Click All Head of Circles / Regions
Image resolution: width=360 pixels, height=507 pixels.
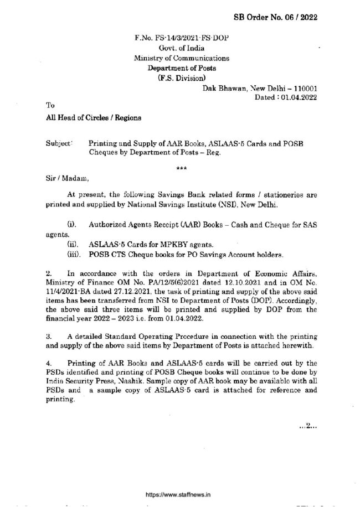[x=86, y=117]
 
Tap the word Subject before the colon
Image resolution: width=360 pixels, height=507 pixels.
[x=58, y=143]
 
